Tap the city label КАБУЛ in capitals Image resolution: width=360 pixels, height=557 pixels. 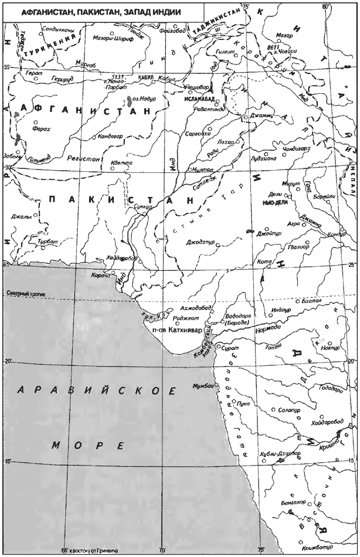(x=145, y=77)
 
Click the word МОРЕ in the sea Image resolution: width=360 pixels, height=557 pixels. (x=88, y=446)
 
